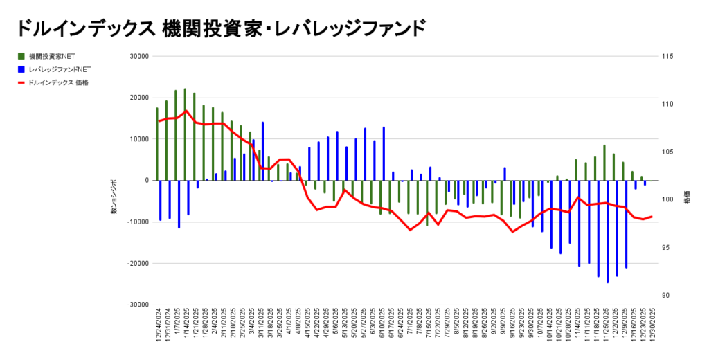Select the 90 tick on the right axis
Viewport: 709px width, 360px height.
coord(666,296)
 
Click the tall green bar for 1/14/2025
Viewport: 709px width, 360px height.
coord(185,134)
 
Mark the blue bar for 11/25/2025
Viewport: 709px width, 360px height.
coord(607,231)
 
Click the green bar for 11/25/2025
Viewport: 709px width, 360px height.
coord(604,163)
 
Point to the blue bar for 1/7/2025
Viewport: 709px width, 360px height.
coord(179,204)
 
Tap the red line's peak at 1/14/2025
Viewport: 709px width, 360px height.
coord(186,111)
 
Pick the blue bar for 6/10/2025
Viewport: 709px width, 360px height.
coord(384,154)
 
